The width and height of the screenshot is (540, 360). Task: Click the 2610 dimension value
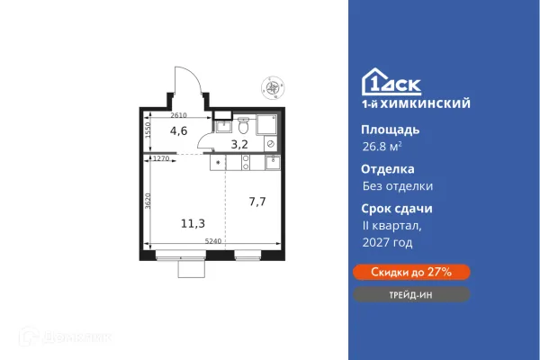tap(178, 116)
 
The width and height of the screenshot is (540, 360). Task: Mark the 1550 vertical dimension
tap(148, 131)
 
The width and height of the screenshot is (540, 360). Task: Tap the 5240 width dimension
tap(213, 240)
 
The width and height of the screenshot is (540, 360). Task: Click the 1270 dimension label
tap(161, 158)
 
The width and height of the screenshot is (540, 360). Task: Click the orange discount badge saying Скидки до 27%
tap(409, 272)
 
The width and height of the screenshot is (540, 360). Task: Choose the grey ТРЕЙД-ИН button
tap(409, 294)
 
